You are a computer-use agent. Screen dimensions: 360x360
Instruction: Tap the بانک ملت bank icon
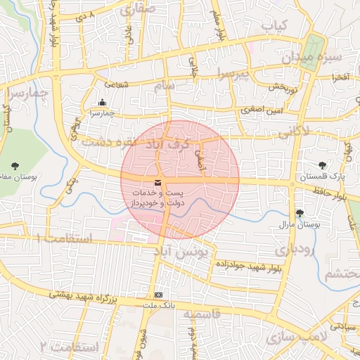coord(158,295)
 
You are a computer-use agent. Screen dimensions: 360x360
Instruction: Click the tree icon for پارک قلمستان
coord(322,166)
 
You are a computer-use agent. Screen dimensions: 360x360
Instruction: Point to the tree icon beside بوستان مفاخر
coord(15,166)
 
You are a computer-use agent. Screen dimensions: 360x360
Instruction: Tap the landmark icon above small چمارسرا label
coord(103,101)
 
